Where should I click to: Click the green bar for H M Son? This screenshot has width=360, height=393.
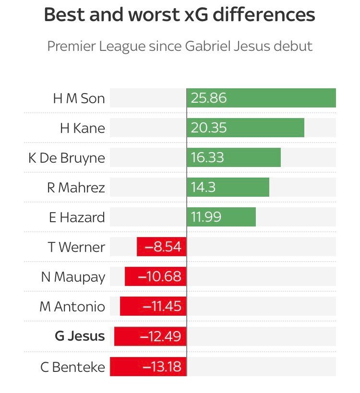[261, 98]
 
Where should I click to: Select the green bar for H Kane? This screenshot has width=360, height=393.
[245, 128]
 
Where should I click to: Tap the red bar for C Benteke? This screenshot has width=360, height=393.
[148, 367]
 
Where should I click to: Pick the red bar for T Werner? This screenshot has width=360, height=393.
[162, 247]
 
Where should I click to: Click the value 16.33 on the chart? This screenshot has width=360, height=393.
[207, 158]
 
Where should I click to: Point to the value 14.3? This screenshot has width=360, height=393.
[204, 188]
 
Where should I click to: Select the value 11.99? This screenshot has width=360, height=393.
[206, 217]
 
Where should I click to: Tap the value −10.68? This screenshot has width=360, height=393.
[159, 277]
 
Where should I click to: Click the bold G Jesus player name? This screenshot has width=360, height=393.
[80, 336]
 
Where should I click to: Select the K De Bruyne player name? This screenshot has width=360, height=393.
[66, 158]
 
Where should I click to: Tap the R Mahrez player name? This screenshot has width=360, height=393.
[76, 188]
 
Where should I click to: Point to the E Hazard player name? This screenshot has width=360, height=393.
[77, 217]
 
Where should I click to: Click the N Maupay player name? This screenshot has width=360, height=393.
[73, 277]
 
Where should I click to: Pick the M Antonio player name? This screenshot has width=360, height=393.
[72, 307]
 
